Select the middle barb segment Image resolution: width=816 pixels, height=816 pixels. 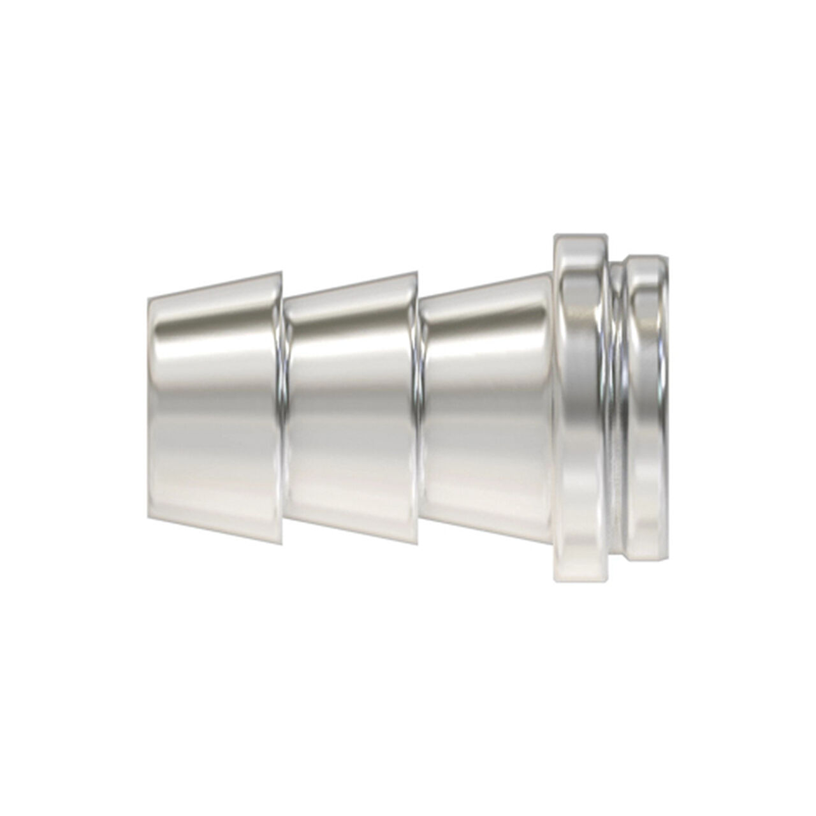(x=351, y=408)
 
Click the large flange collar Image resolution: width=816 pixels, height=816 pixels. (x=580, y=408)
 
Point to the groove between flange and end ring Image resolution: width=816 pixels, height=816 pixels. (x=616, y=408)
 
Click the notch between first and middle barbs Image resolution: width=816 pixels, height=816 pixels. (x=282, y=408)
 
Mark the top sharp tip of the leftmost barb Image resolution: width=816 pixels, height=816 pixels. (x=280, y=272)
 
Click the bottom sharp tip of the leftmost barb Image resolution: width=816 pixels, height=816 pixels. (x=280, y=544)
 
